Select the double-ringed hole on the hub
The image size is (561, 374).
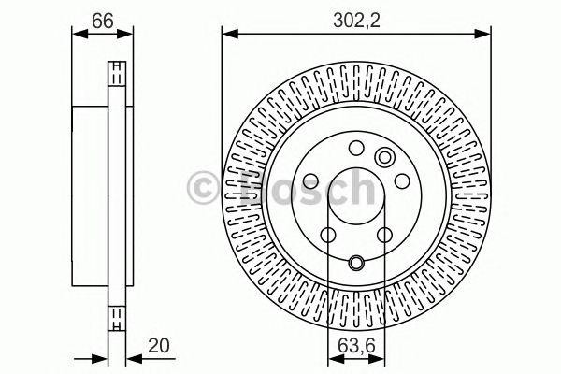pyautogui.click(x=384, y=156)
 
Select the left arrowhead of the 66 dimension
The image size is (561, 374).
pyautogui.click(x=77, y=35)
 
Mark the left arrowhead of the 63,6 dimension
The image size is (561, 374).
pyautogui.click(x=332, y=359)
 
